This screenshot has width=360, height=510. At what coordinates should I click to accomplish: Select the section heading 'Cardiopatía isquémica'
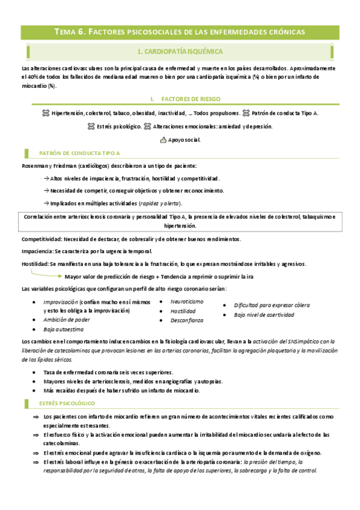[x=180, y=52]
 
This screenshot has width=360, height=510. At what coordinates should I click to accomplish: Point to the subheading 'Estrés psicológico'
[x=69, y=402]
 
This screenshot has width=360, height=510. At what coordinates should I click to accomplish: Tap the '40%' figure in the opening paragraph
[x=31, y=78]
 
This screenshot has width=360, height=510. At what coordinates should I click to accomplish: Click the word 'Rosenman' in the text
[x=35, y=165]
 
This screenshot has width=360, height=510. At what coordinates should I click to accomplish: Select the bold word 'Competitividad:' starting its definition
[x=41, y=239]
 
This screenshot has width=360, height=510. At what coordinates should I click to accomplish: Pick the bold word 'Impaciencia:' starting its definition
[x=37, y=251]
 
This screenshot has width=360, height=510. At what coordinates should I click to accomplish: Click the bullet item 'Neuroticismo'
[x=187, y=301]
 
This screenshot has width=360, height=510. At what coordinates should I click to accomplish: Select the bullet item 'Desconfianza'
[x=187, y=321]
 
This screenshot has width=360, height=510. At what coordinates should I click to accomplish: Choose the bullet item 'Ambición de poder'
[x=67, y=320]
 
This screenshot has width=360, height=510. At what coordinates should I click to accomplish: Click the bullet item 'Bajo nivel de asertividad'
[x=264, y=315]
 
